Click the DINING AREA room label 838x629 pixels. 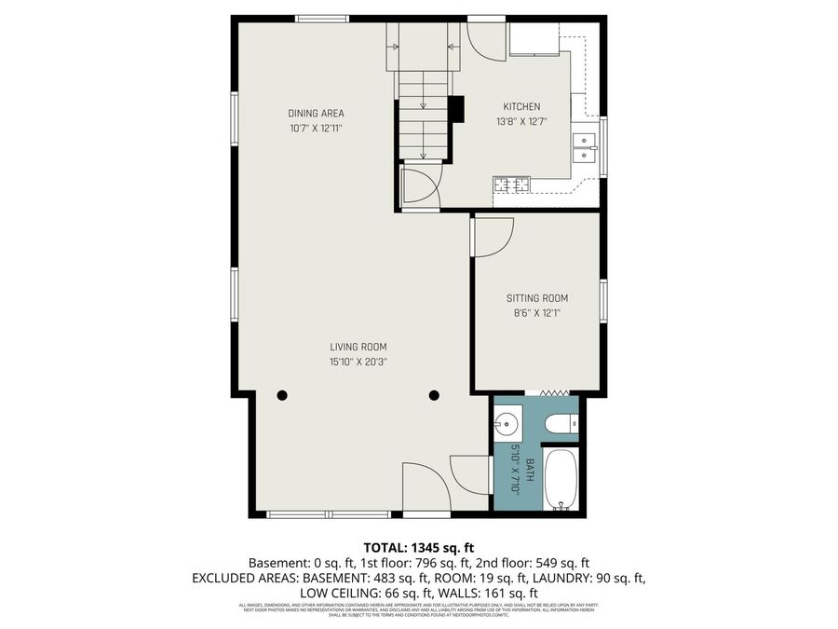316,114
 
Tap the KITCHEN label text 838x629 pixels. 521,106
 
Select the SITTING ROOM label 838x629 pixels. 537,298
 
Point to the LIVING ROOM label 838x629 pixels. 358,347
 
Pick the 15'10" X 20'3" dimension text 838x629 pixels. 358,362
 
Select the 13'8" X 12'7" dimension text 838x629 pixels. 521,121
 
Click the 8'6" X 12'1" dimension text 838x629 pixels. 537,313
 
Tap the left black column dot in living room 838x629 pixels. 282,395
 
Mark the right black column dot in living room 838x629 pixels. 434,395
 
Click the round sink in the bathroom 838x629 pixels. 506,425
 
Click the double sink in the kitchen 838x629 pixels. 585,148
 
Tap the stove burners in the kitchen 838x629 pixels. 512,185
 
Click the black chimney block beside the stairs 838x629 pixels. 456,109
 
